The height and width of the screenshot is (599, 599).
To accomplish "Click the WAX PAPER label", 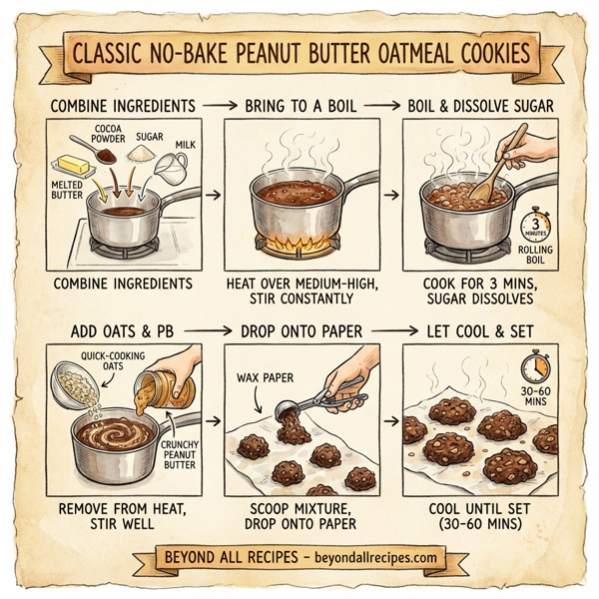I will point(265,378).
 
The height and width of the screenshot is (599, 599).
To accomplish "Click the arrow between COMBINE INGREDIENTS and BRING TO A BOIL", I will point(216,104).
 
